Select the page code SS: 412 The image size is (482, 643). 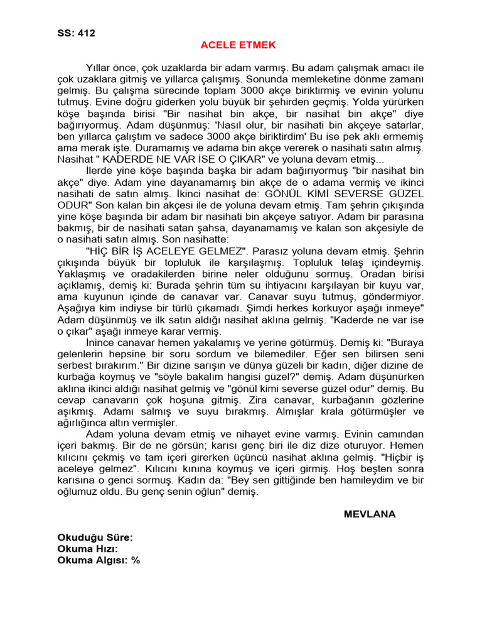point(77,33)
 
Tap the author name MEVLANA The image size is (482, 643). point(370,514)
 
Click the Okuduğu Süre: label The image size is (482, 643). point(95,538)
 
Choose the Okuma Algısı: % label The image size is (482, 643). point(99,560)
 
